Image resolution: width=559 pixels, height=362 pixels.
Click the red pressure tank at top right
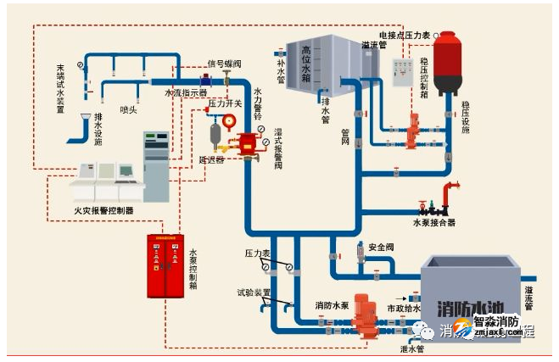(x=446, y=63)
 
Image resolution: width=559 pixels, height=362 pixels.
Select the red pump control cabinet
(x=165, y=265)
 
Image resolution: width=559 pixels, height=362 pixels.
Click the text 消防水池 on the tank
(x=463, y=307)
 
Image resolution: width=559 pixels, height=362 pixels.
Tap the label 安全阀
(x=382, y=247)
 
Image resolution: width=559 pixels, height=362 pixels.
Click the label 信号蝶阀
(x=224, y=64)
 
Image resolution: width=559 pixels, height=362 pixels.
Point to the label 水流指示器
(x=186, y=92)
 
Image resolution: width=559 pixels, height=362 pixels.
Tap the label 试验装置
(x=254, y=292)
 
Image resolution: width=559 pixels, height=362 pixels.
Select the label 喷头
(x=128, y=109)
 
